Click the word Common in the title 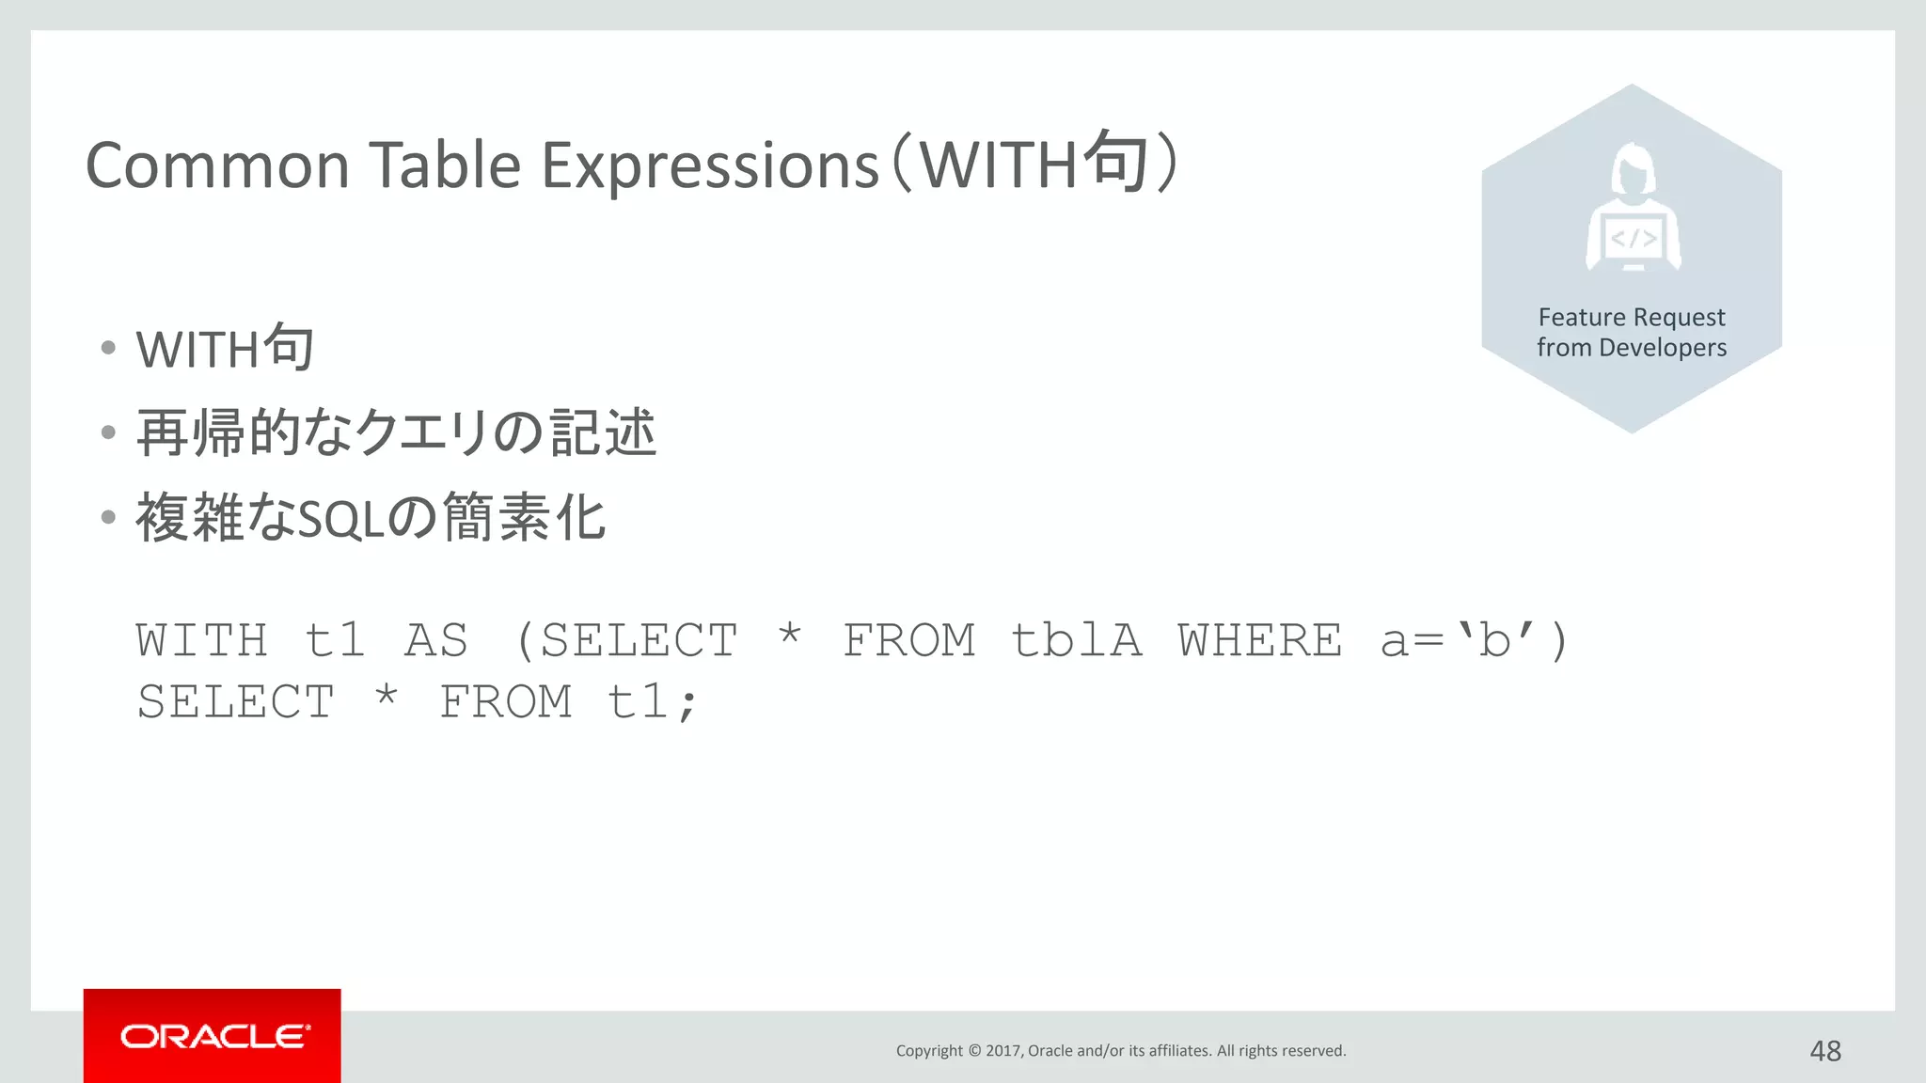click(x=217, y=166)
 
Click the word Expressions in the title click(x=711, y=166)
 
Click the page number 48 click(x=1825, y=1050)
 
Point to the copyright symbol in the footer click(x=974, y=1051)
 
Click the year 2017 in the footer click(x=1003, y=1051)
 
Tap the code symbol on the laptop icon click(x=1634, y=239)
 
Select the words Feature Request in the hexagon click(x=1632, y=317)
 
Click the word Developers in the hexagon click(x=1663, y=348)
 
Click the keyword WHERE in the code click(x=1260, y=641)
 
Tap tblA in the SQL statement click(x=1076, y=641)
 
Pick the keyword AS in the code click(x=436, y=641)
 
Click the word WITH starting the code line click(x=202, y=641)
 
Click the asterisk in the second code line click(x=387, y=698)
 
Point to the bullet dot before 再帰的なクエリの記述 click(x=108, y=432)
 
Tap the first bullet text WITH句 click(x=225, y=349)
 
